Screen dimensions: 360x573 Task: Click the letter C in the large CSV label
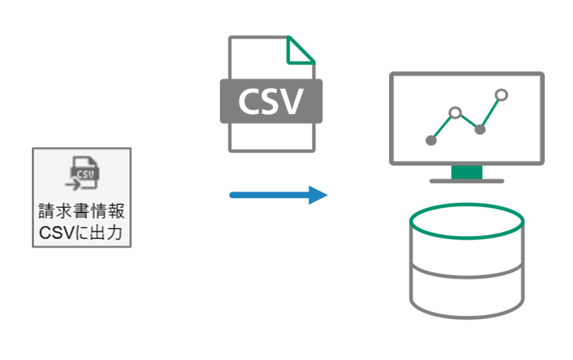(248, 101)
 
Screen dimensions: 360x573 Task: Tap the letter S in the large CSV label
(271, 101)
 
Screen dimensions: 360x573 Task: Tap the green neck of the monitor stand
(466, 172)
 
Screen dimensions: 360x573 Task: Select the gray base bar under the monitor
(466, 181)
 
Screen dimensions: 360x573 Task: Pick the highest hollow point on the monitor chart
(502, 94)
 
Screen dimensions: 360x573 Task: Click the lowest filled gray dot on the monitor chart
(431, 140)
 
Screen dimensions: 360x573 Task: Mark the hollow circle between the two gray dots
(456, 112)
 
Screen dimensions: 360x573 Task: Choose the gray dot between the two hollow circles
(480, 129)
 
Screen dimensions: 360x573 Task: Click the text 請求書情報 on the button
(81, 212)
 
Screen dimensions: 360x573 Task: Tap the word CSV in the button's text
(56, 231)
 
